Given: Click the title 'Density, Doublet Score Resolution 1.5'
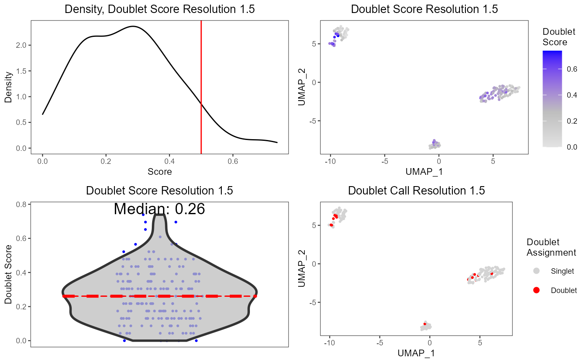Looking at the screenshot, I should point(160,9).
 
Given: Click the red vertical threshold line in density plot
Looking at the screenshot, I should point(201,84).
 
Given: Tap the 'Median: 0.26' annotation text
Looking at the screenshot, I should point(159,209).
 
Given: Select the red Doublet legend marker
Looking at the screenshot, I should point(536,290).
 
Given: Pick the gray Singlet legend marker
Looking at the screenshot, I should point(536,271).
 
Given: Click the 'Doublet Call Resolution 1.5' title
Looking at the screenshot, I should point(416,191).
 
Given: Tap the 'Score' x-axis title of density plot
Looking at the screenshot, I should point(160,171).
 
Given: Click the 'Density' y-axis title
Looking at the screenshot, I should point(8,86).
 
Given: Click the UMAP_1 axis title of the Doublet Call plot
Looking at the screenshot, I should point(416,353).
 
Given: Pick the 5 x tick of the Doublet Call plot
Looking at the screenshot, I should point(480,342).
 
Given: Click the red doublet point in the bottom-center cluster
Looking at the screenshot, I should point(425,324).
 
